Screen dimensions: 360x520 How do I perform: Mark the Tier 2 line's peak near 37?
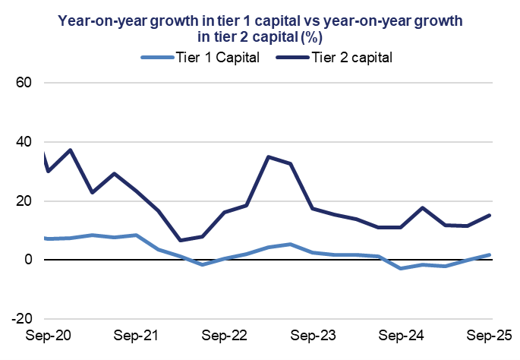pos(71,150)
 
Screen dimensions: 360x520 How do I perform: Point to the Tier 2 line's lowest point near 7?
pos(180,240)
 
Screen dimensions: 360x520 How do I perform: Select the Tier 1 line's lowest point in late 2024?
pos(401,269)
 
